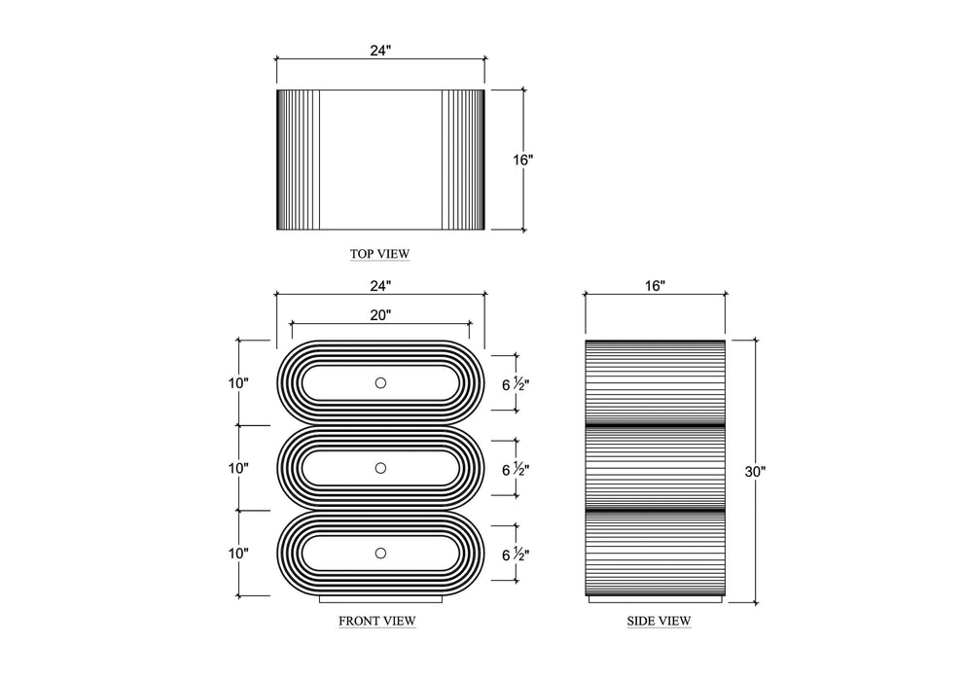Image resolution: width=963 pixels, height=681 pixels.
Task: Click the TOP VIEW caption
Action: tap(379, 254)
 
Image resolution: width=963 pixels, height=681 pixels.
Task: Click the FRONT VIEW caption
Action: tap(377, 621)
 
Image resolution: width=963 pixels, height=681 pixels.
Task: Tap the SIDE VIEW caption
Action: tap(659, 621)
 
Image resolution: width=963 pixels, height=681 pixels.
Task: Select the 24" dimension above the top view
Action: tap(380, 51)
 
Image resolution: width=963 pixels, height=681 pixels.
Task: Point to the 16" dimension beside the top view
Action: tap(523, 160)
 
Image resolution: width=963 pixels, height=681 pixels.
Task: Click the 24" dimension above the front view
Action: tap(380, 286)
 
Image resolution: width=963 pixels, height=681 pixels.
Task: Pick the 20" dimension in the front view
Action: tap(380, 315)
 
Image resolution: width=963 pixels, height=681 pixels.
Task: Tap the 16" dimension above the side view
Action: tap(656, 286)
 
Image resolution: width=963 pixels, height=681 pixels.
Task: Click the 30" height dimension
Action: tap(756, 472)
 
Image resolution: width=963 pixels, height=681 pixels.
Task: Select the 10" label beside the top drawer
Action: tap(238, 383)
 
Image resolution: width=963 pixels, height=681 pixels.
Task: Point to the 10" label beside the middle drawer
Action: tap(238, 468)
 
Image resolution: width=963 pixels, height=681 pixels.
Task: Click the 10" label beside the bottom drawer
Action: tap(238, 554)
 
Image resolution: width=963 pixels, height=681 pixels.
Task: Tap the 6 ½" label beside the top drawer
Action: tap(516, 385)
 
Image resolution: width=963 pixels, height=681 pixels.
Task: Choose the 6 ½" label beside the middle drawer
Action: tap(516, 470)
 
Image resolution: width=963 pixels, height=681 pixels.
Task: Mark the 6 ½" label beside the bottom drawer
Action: tap(516, 556)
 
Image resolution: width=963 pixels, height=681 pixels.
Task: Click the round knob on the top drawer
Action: tap(380, 383)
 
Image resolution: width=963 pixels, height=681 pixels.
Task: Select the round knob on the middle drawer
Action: tap(380, 468)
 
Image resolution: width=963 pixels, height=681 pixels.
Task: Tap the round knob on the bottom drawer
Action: tap(380, 554)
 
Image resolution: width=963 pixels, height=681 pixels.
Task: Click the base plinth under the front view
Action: tap(380, 599)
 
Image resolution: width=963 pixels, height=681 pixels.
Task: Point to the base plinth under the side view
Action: tap(656, 599)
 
